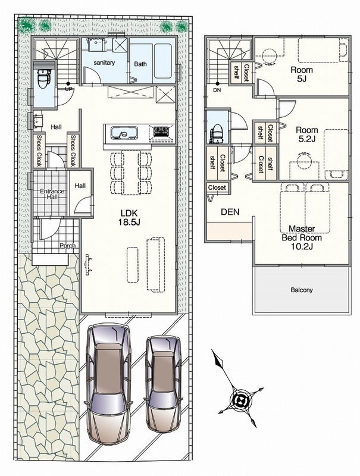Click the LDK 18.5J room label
click(129, 217)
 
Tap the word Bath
click(140, 64)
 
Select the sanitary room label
click(104, 63)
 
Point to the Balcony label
click(302, 290)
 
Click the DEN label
click(230, 212)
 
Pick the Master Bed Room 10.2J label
click(302, 237)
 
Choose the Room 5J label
click(302, 74)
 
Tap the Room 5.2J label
click(307, 134)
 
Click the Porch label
click(67, 246)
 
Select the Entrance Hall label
click(52, 194)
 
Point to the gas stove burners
click(161, 131)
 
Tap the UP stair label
click(69, 90)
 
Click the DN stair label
click(217, 90)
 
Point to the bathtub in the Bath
click(162, 61)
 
